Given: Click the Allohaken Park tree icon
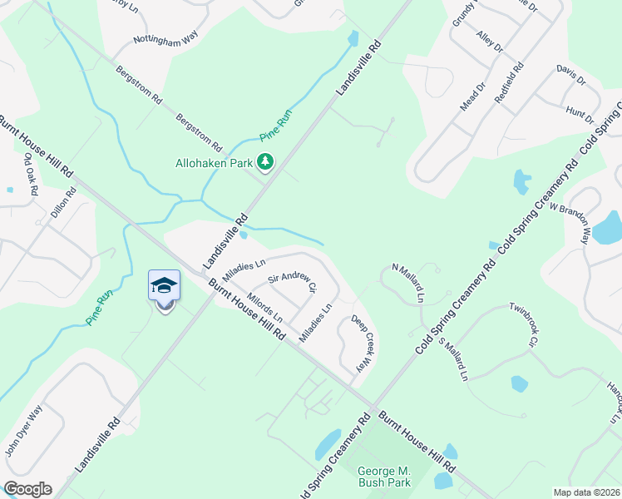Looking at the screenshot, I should point(266,161).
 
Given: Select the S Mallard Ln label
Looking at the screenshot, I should point(453,359).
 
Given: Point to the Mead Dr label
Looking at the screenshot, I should point(473,96).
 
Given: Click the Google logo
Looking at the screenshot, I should point(27,489).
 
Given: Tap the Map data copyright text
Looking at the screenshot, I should point(586,492).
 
